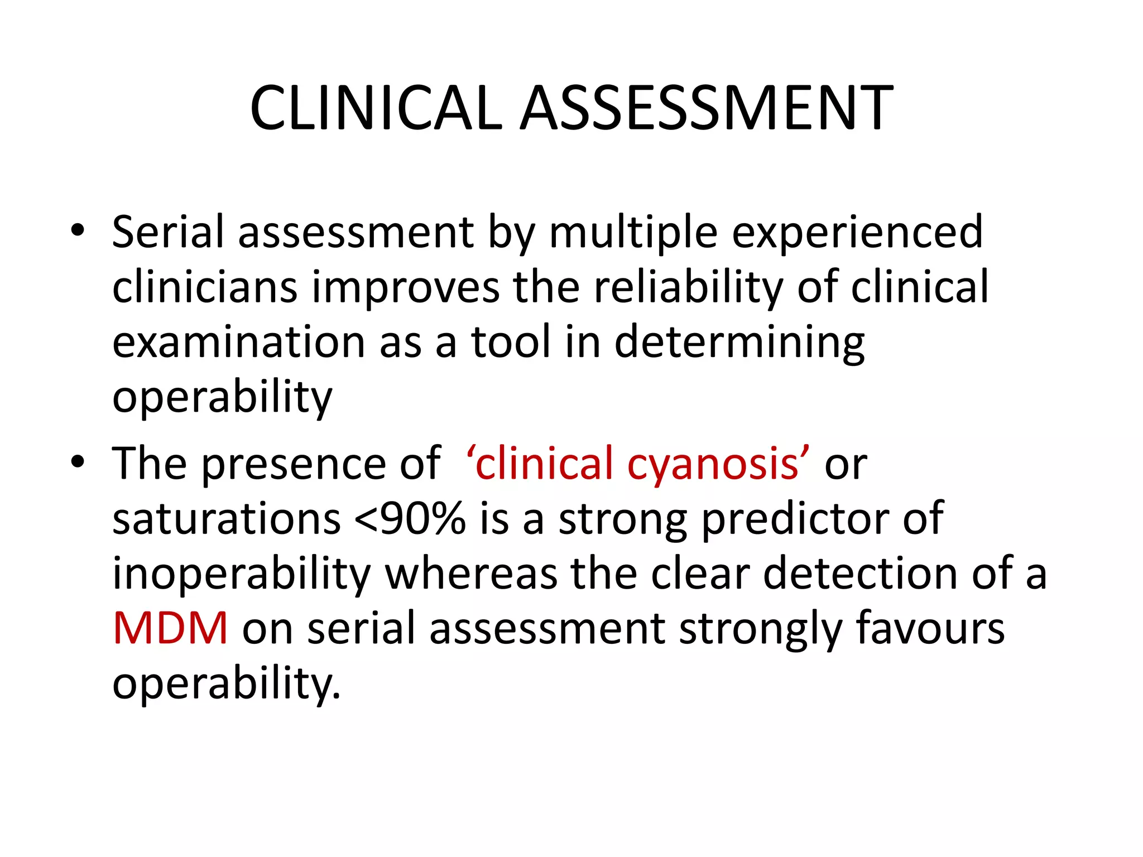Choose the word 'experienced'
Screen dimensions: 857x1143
click(x=857, y=233)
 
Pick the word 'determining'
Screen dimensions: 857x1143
click(x=739, y=342)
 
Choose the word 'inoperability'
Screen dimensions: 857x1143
click(x=242, y=574)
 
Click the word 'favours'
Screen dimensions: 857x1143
click(x=930, y=628)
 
